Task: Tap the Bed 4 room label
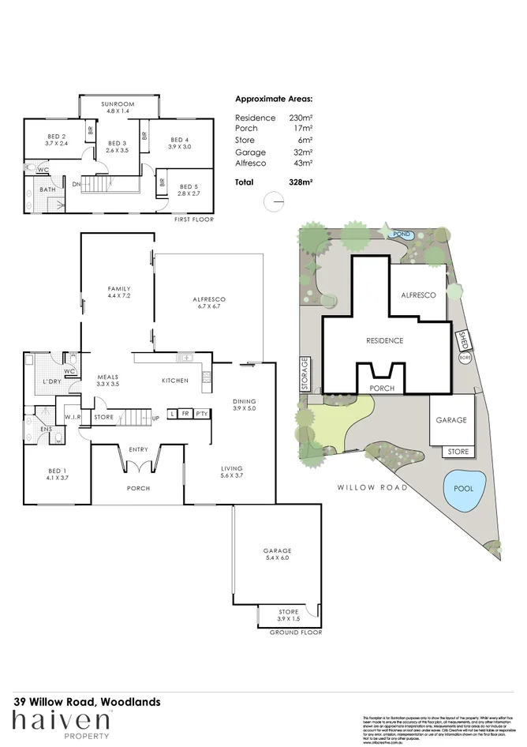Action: (180, 141)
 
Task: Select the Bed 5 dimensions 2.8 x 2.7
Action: (188, 193)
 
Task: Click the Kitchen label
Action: (175, 381)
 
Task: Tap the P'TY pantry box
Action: (201, 413)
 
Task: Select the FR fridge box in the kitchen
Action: (185, 413)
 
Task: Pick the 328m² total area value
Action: (301, 182)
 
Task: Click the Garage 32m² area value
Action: (302, 152)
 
